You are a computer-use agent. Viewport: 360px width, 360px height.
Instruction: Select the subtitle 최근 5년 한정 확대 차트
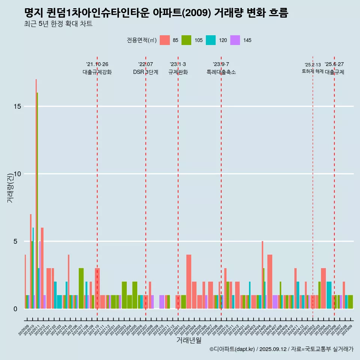58,24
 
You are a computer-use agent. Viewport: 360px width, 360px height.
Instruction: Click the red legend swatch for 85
165,40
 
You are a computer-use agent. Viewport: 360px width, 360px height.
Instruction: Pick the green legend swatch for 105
186,40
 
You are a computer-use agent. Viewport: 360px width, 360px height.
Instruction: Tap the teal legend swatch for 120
211,40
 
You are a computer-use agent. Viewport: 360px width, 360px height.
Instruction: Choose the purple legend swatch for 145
235,40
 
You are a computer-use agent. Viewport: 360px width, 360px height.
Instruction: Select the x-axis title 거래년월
189,340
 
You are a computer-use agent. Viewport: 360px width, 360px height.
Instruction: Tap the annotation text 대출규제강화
97,72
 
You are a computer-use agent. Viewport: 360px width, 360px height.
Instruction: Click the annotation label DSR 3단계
145,72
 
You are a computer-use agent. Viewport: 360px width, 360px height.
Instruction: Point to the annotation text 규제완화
178,72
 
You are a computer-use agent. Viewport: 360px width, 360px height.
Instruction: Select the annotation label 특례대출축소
221,72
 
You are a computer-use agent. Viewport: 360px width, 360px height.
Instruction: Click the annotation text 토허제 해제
312,71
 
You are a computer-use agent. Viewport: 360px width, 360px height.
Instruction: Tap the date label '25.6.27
334,64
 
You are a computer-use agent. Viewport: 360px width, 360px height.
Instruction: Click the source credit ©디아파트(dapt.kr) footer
281,349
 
